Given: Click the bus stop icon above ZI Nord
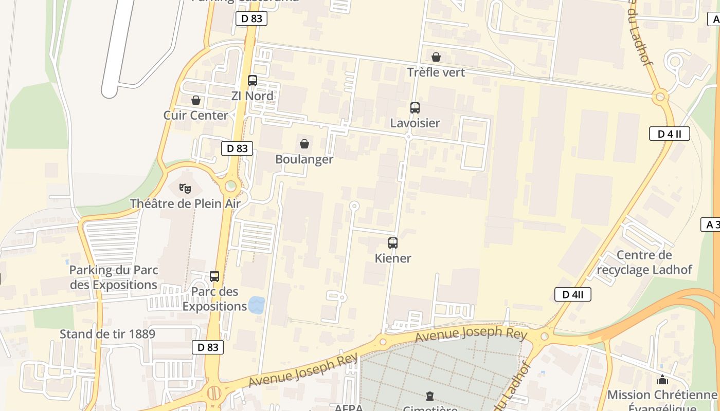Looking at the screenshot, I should [253, 81].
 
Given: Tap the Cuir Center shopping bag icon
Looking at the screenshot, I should [196, 100].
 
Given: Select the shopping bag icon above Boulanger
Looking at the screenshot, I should [304, 144].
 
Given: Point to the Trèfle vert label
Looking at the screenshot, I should [436, 72].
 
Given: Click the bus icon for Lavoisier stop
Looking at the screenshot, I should [415, 108].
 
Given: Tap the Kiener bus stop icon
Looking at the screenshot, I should [393, 243].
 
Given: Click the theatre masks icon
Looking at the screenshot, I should [185, 189].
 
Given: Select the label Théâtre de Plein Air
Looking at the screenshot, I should [185, 203].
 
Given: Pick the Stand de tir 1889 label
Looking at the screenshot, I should [107, 334].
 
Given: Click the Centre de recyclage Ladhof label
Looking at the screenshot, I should [644, 263].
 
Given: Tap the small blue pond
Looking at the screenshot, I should [256, 305].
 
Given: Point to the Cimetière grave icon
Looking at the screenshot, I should [430, 396].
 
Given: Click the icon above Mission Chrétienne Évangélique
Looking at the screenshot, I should [662, 380].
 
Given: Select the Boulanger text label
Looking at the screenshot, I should [304, 159].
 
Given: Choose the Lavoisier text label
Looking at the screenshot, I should [415, 123].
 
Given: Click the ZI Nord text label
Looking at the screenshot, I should [253, 96].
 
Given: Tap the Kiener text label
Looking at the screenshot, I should [393, 258].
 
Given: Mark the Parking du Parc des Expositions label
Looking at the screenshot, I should [114, 277].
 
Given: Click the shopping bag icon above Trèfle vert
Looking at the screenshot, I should [436, 57].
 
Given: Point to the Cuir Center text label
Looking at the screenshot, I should [196, 115].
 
